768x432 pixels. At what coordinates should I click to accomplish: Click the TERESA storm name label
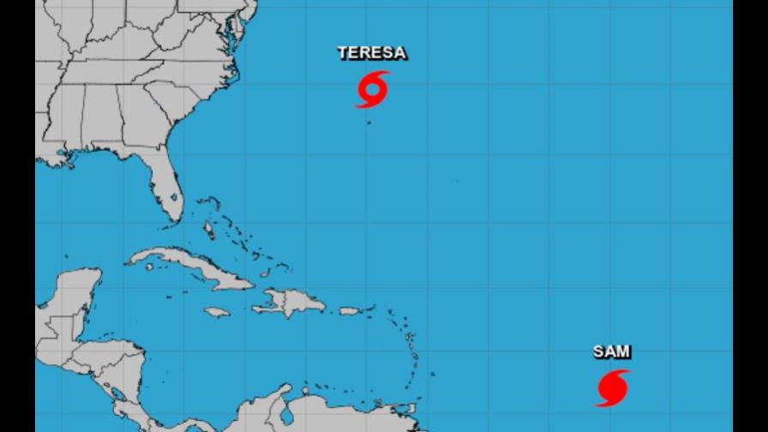pos(372,53)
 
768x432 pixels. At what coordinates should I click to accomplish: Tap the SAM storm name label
pos(612,351)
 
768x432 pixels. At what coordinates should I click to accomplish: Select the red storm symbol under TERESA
pos(372,89)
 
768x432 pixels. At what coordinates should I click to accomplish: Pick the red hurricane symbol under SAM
pos(612,388)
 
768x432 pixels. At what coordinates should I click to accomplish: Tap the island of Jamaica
pos(217,312)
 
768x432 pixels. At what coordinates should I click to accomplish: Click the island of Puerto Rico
pos(351,310)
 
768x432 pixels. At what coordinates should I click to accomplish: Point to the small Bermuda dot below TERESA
pos(369,123)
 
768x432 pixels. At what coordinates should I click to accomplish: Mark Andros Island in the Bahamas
pos(208,230)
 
